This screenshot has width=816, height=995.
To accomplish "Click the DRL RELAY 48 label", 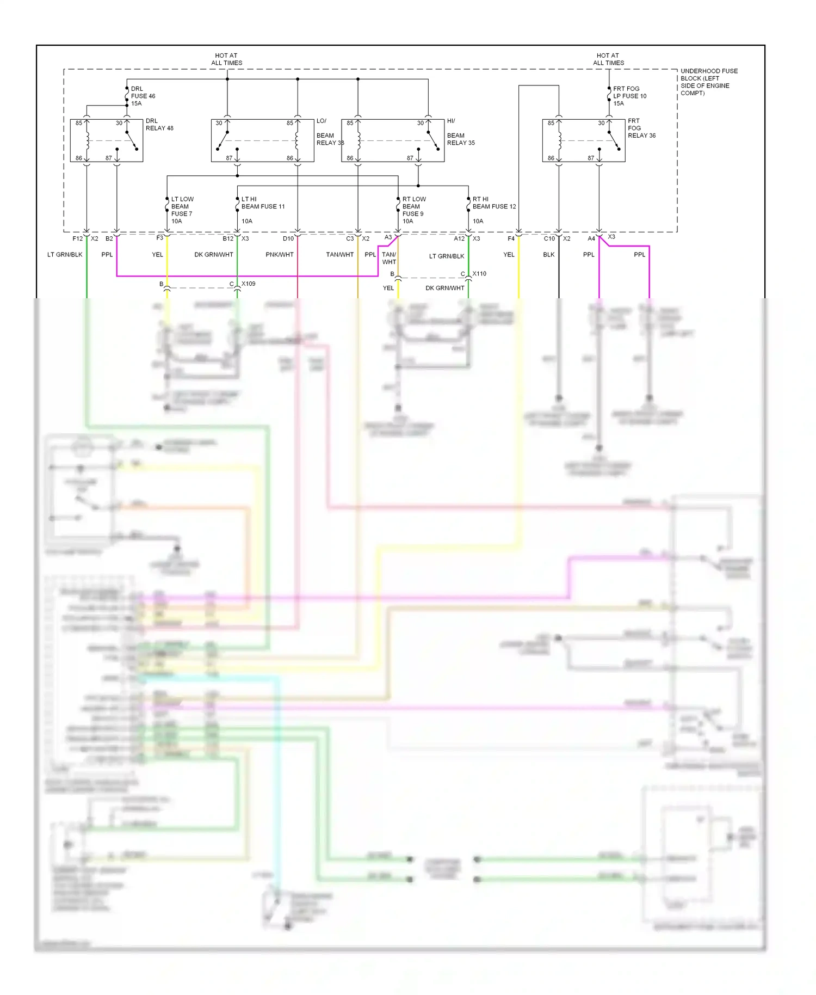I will pyautogui.click(x=159, y=125).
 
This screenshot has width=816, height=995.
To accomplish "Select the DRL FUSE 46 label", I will pyautogui.click(x=143, y=96).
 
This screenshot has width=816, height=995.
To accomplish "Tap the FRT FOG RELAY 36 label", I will pyautogui.click(x=641, y=128).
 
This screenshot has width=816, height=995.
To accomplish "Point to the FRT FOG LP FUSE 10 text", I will pyautogui.click(x=629, y=96).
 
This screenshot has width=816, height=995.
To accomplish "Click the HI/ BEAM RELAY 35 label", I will pyautogui.click(x=460, y=132).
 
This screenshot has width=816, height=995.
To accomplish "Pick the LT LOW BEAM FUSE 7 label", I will pyautogui.click(x=182, y=210).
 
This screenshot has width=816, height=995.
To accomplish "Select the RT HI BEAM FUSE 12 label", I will pyautogui.click(x=493, y=206).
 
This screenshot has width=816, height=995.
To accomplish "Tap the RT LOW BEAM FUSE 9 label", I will pyautogui.click(x=413, y=210).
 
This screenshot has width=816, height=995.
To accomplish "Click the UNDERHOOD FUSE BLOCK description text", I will pyautogui.click(x=708, y=82).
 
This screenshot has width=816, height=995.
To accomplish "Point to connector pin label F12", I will pyautogui.click(x=77, y=239).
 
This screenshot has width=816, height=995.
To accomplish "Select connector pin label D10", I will pyautogui.click(x=288, y=239).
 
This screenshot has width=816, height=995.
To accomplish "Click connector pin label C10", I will pyautogui.click(x=549, y=239).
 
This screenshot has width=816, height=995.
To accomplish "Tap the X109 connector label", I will pyautogui.click(x=248, y=284).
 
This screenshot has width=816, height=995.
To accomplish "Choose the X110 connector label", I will pyautogui.click(x=479, y=274).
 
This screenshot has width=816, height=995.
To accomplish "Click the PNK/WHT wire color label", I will pyautogui.click(x=279, y=255).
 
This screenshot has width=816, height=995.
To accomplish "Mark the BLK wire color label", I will pyautogui.click(x=548, y=255).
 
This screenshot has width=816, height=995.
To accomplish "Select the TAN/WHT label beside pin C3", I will pyautogui.click(x=339, y=255).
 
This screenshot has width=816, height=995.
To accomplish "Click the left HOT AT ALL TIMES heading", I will pyautogui.click(x=226, y=59).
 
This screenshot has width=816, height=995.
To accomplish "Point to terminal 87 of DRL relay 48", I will pyautogui.click(x=109, y=158).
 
